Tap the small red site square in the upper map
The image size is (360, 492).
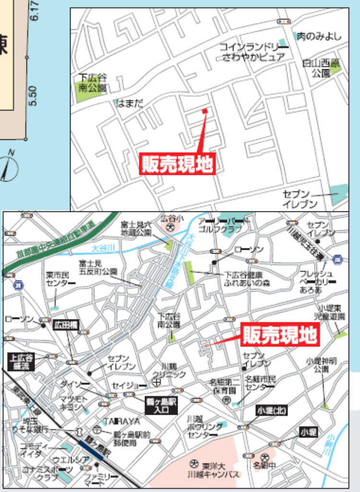click(205, 111)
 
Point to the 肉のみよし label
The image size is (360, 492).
click(319, 36)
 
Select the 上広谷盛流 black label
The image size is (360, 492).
click(22, 361)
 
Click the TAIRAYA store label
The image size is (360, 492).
click(122, 421)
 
